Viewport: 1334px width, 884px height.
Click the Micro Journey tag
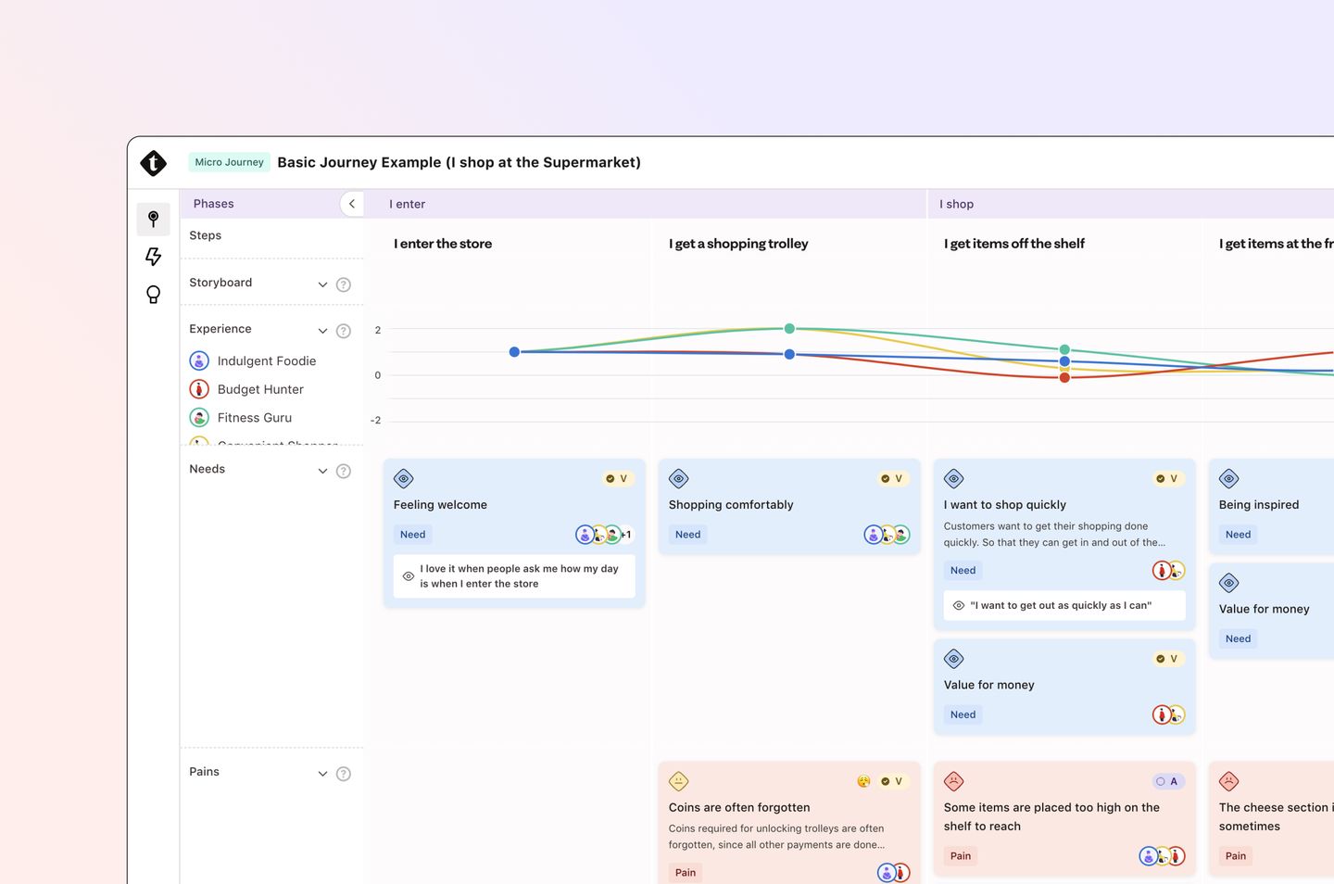[x=229, y=162]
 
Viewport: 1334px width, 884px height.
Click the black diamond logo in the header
[x=154, y=163]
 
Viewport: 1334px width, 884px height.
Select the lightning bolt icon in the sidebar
[x=154, y=257]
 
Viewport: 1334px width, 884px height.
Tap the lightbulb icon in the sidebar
[x=154, y=295]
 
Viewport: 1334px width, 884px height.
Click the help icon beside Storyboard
[x=344, y=284]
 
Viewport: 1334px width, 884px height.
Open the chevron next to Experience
[x=322, y=331]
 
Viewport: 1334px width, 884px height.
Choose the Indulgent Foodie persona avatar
[x=199, y=361]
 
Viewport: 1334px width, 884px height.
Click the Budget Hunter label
[x=260, y=390]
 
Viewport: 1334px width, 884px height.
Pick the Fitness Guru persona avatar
[x=199, y=418]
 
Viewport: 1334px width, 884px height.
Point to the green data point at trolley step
[x=789, y=329]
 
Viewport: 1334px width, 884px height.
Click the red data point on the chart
[x=1064, y=377]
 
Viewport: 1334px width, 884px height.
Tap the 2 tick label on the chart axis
[x=378, y=330]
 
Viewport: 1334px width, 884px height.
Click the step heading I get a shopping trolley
[x=738, y=244]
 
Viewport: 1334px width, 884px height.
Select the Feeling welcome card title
[x=440, y=505]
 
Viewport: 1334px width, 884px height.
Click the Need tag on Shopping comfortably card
[x=687, y=535]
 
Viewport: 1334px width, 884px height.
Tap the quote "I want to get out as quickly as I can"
[x=1061, y=606]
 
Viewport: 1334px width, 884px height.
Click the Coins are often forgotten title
[x=739, y=808]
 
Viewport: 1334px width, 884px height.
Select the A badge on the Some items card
[x=1167, y=782]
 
